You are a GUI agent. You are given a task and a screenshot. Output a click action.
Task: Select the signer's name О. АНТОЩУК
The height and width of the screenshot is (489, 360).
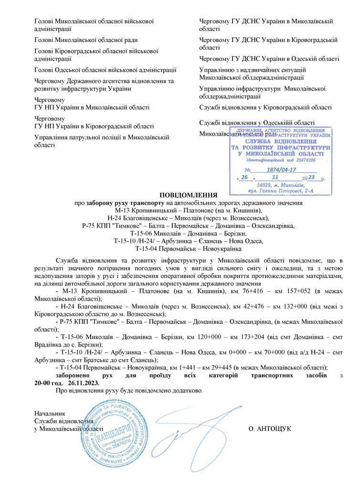tap(269, 428)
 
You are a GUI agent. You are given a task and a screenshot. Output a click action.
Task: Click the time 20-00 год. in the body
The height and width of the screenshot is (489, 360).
tap(48, 383)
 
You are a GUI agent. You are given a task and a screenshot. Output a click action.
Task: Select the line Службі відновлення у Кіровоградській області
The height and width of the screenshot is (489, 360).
tap(265, 107)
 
